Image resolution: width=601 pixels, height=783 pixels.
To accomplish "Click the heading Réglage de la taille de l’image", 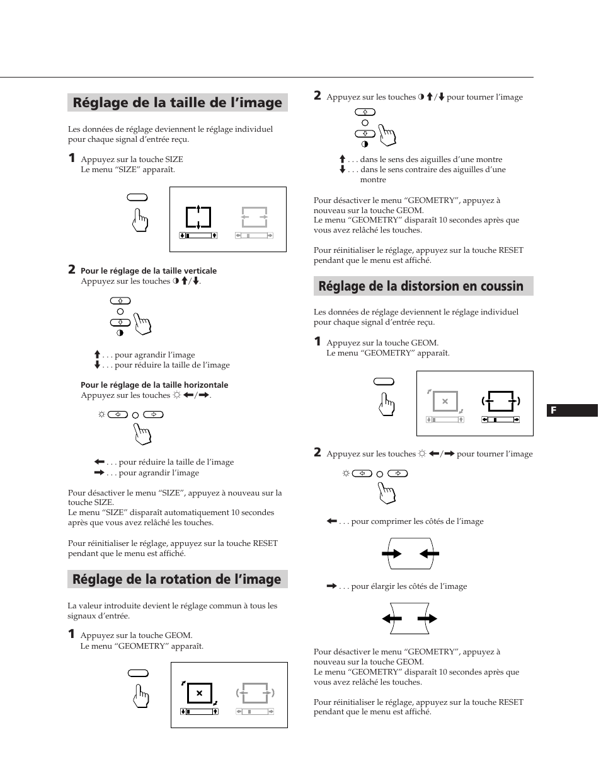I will [x=177, y=103].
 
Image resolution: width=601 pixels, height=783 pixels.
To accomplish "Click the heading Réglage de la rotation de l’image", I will [x=176, y=579].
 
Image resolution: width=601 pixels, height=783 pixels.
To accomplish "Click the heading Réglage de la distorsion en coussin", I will [x=421, y=286].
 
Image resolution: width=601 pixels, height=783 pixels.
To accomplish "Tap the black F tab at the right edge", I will [x=571, y=410].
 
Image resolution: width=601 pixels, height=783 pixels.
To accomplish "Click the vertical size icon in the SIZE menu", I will [x=198, y=217].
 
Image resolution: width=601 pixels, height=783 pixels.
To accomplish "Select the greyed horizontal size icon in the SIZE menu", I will [x=255, y=217].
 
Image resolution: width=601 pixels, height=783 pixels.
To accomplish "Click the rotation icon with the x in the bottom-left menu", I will [x=199, y=693].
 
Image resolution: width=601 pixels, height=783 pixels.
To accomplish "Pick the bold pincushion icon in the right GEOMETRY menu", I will [x=501, y=401].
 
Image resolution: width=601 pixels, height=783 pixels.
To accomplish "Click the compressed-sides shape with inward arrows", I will [x=411, y=554].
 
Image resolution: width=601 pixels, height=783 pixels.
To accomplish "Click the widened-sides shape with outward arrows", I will [x=409, y=619].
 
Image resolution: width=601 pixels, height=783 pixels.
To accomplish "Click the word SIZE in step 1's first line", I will [x=173, y=159].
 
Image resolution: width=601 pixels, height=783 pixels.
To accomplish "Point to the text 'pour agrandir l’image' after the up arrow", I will [x=154, y=355].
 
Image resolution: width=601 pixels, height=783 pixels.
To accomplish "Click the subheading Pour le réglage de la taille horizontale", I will [x=154, y=385].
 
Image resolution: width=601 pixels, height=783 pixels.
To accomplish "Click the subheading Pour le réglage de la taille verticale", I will [x=149, y=271].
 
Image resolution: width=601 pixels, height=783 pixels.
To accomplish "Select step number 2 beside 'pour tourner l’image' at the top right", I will [x=318, y=96].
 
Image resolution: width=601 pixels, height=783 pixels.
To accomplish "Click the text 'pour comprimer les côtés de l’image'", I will [x=417, y=521].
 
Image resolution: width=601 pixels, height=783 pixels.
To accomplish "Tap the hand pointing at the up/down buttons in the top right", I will [x=387, y=134].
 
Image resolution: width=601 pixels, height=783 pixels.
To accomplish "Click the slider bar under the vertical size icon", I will [x=198, y=235].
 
